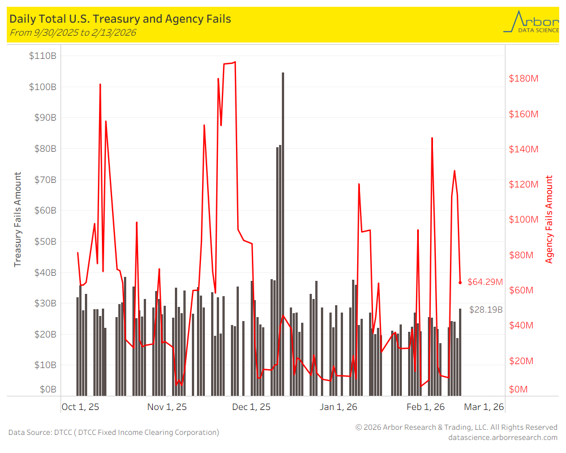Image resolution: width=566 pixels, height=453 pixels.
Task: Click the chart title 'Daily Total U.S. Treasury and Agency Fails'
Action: pos(120,19)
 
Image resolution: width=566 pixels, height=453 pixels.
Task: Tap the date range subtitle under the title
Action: pos(73,32)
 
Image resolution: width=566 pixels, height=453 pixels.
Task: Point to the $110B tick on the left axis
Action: pos(42,56)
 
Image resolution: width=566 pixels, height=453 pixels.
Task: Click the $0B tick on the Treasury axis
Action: pos(47,390)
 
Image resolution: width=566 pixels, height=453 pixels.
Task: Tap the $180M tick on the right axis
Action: pos(524,78)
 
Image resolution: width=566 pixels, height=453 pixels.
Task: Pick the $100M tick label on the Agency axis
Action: pos(524,220)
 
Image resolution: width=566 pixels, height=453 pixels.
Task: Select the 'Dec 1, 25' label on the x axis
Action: pos(251,407)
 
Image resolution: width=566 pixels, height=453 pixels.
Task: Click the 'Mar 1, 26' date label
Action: pos(484,407)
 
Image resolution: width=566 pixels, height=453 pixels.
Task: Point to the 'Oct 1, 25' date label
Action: pos(80,407)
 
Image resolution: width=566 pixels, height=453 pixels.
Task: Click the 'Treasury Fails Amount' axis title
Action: pos(18,220)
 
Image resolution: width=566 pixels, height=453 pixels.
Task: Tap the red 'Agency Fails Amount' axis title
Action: pos(549,220)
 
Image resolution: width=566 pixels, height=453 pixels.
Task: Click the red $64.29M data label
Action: pos(485,281)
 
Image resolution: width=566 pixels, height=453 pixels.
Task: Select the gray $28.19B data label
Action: pos(486,309)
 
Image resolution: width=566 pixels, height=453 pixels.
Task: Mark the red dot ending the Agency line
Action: pos(460,282)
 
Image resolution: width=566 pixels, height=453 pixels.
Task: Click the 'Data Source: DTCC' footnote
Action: pos(113,432)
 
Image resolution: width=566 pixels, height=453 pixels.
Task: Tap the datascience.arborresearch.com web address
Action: pos(503,437)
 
